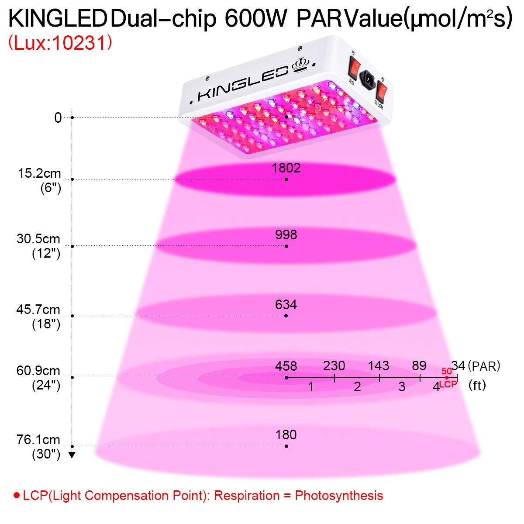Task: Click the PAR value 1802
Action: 286,168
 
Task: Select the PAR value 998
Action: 286,235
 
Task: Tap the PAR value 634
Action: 286,304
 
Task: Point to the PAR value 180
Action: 286,435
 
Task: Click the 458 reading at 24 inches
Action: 286,366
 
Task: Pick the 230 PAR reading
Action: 334,366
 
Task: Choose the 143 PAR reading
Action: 379,366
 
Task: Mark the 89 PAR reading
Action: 419,366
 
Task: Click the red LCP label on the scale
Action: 448,384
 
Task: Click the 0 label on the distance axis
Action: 58,117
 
